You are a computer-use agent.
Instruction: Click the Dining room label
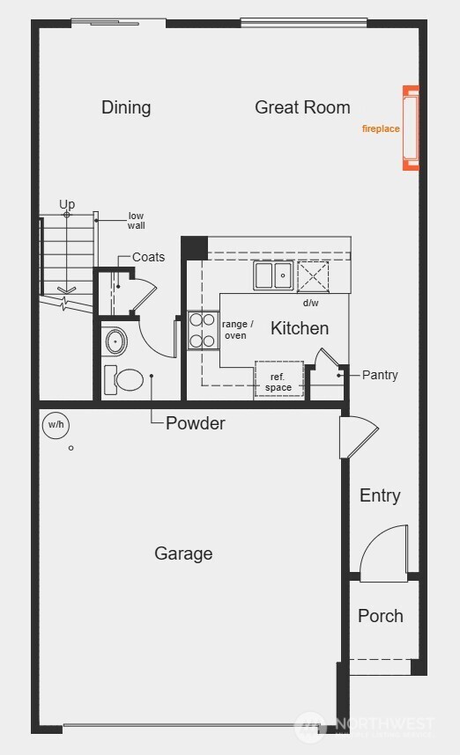click(126, 107)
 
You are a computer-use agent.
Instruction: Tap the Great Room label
click(302, 107)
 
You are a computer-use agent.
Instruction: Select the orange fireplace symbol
click(411, 128)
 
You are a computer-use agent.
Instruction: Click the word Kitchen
click(300, 328)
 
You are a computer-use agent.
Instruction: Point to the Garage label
click(183, 553)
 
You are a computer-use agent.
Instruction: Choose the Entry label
click(380, 495)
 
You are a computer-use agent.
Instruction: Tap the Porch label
click(381, 616)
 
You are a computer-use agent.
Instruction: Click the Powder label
click(196, 423)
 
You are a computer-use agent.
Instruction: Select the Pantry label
click(380, 375)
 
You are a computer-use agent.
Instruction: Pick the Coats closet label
click(148, 257)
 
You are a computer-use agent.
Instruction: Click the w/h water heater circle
click(56, 425)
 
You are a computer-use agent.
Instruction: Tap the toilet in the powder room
click(125, 380)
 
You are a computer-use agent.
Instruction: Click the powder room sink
click(115, 340)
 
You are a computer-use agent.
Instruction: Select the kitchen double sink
click(273, 276)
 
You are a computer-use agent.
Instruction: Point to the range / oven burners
click(203, 330)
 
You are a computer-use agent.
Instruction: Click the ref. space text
click(278, 382)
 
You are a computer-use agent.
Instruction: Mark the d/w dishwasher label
click(310, 303)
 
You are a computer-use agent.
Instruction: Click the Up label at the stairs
click(67, 204)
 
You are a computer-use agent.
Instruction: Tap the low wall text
click(136, 220)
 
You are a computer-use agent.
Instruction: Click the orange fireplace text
click(381, 128)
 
